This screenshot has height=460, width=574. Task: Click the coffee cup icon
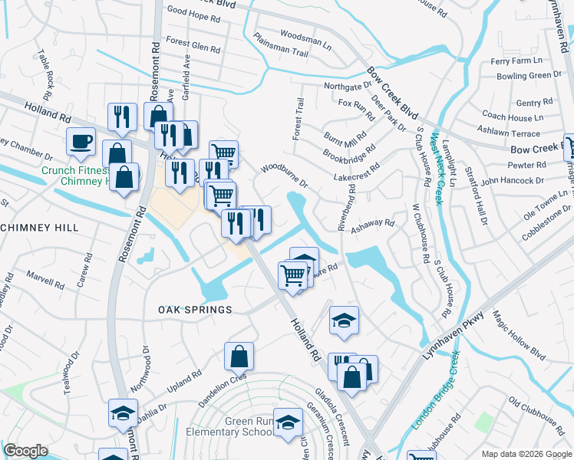coord(81,142)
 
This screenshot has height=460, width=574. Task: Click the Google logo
coord(25,451)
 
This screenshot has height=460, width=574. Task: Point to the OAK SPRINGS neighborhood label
coord(195,310)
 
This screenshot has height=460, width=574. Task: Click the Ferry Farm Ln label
coord(516,61)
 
